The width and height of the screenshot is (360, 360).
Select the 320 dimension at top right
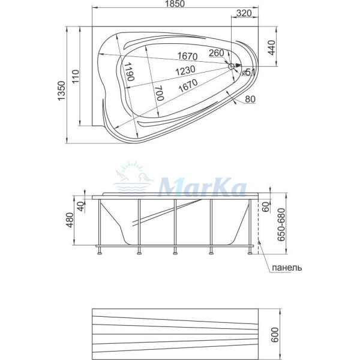(244, 13)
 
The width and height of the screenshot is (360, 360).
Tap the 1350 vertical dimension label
(62, 91)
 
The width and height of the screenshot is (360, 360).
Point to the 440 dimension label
(272, 47)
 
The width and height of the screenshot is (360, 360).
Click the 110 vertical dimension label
(76, 76)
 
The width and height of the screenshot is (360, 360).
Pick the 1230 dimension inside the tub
(185, 70)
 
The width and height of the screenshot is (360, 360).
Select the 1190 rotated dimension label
(129, 71)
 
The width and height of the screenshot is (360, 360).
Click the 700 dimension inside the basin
(159, 93)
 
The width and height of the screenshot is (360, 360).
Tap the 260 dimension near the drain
(216, 53)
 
